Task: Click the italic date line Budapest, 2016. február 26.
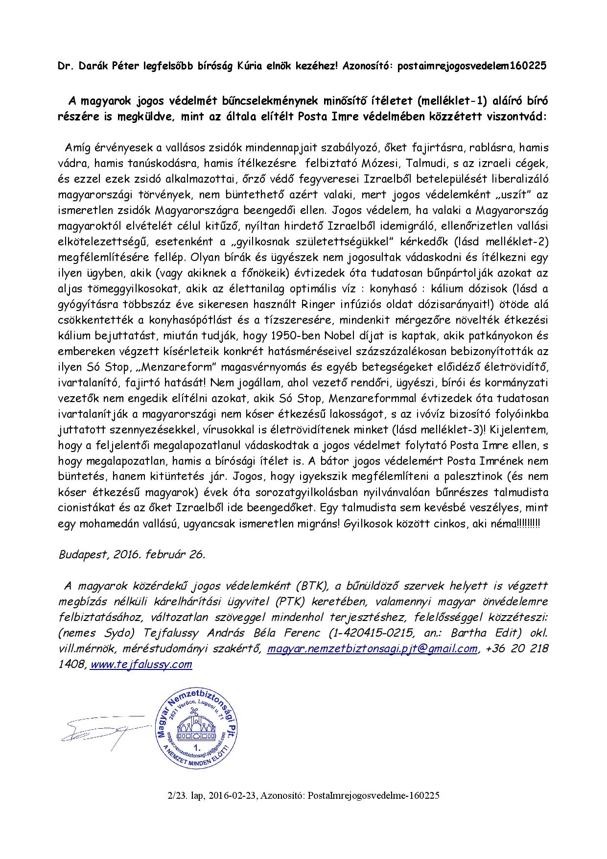132,554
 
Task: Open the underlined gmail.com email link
372,648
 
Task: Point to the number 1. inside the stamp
198,749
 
